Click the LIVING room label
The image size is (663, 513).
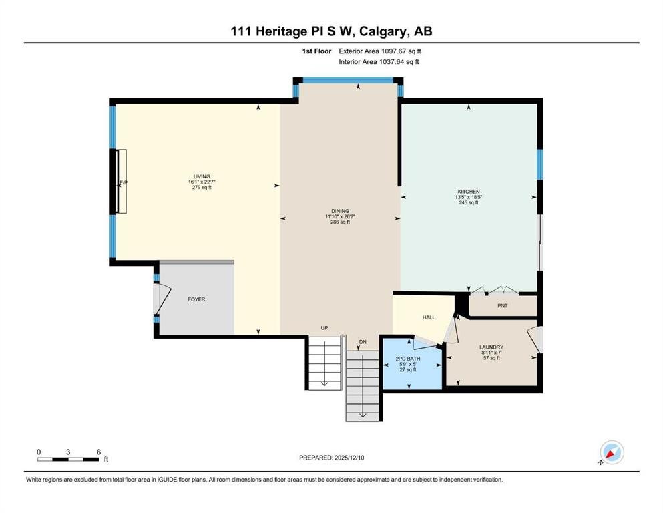202,177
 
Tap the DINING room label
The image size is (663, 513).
340,211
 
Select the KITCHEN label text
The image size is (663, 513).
469,192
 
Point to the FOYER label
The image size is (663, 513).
196,299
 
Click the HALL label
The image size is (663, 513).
429,317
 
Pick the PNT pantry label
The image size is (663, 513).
502,305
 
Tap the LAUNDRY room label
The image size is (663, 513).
491,347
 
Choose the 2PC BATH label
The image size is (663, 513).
408,359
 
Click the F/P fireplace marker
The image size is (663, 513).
124,182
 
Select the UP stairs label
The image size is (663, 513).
324,328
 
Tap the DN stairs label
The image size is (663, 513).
363,342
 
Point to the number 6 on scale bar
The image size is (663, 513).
99,452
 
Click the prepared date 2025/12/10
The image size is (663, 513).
349,458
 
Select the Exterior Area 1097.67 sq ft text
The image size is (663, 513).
380,51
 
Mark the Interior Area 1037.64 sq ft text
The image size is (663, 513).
379,61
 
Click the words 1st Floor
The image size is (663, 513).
316,51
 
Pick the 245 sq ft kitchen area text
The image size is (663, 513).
469,202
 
